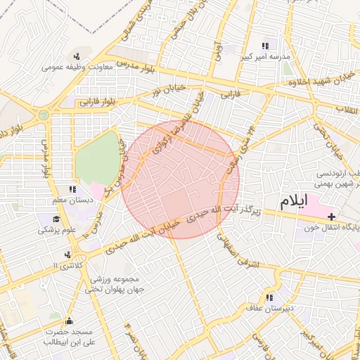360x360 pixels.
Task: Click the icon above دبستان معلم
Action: click(x=72, y=190)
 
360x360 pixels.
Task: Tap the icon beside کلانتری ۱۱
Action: click(x=67, y=255)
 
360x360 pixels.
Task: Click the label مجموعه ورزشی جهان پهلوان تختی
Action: click(x=116, y=283)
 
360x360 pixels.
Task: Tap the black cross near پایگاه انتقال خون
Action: click(x=332, y=216)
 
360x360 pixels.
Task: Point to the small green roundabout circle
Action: click(x=44, y=112)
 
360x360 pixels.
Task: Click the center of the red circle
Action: click(x=180, y=179)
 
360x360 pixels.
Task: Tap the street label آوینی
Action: click(x=218, y=51)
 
